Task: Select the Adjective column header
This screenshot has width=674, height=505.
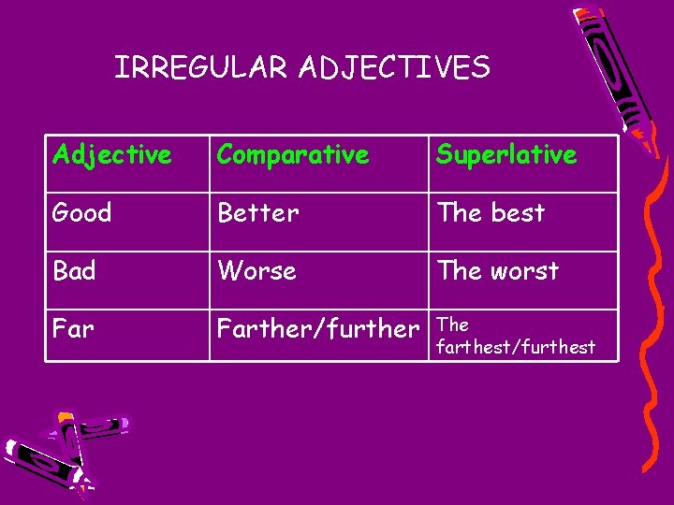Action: coord(112,154)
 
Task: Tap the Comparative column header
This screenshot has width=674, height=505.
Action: coord(293,154)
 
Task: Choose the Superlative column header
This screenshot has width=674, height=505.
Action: coord(506,154)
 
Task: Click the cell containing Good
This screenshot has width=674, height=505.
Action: coord(82,213)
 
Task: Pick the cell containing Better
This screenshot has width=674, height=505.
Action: coord(258,213)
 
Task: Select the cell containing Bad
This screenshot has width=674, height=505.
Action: coord(75,271)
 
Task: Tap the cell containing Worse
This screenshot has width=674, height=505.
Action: coord(257,271)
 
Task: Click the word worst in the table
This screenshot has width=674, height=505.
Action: coord(524,271)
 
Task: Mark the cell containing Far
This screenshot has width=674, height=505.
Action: coord(73,329)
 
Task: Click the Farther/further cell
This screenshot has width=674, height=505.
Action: coord(317,329)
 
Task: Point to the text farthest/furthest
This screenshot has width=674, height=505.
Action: coord(516,348)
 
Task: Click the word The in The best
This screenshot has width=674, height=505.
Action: coord(459,213)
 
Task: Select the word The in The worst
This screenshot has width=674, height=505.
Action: coord(459,271)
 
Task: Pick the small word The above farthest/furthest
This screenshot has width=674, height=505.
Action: coord(453,325)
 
